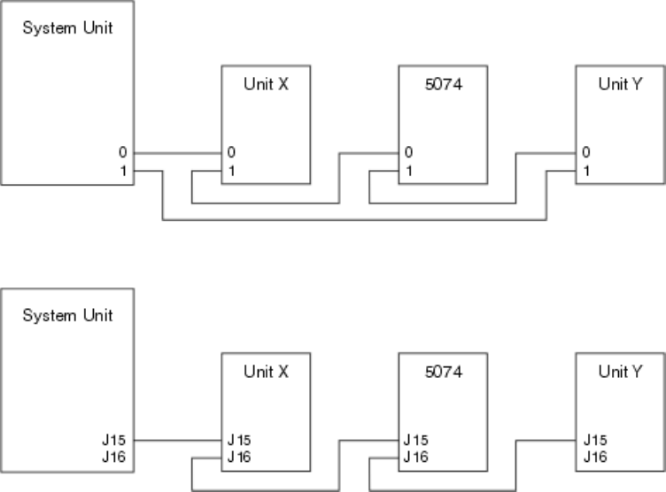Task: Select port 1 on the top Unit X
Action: coord(231,168)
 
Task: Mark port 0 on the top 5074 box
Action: coord(408,153)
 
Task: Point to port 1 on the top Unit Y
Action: coord(585,168)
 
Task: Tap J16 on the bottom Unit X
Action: coord(239,456)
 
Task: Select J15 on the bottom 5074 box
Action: coord(416,439)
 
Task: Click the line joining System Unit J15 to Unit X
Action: coord(177,439)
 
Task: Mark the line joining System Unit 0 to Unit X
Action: coord(177,153)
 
